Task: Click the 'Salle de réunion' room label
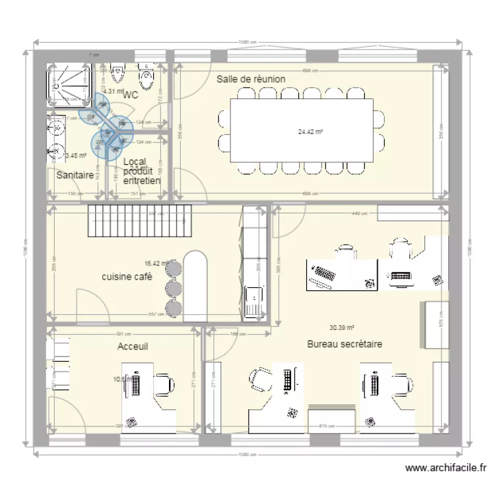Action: (x=251, y=79)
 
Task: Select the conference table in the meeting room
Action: (x=302, y=130)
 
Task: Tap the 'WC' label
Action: (x=130, y=95)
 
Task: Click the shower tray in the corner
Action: (x=69, y=84)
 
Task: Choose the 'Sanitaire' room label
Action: (x=74, y=176)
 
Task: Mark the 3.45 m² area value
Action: (x=76, y=156)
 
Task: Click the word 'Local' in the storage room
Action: (x=134, y=162)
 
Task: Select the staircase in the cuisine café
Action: (x=139, y=220)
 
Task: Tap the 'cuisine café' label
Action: (x=127, y=277)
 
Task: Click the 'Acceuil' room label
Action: (x=133, y=346)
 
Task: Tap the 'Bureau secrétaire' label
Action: (x=344, y=344)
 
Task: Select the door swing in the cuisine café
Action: (x=92, y=306)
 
